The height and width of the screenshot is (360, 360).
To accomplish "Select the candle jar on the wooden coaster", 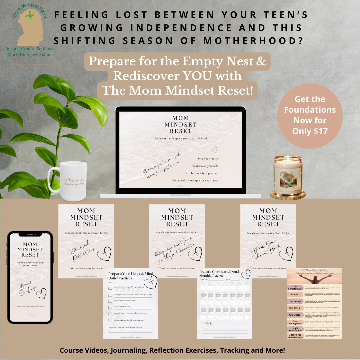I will pyautogui.click(x=288, y=175).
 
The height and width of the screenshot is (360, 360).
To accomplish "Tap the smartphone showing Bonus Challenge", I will pyautogui.click(x=30, y=276).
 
